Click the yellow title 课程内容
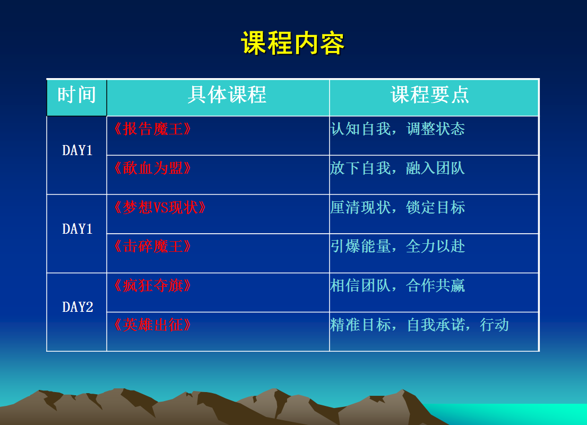[292, 43]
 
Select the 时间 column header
[77, 95]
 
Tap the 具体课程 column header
[227, 95]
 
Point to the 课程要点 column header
[429, 95]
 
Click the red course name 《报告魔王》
[153, 129]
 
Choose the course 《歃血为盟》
[153, 168]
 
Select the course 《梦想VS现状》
[160, 207]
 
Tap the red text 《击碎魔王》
[153, 246]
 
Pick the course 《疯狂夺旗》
[153, 286]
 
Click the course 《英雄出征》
[153, 325]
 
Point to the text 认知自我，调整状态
[398, 129]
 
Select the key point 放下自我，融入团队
[398, 168]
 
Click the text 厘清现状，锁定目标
[398, 207]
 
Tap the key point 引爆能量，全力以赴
[398, 246]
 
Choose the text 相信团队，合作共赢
[398, 286]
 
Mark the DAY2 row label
[77, 307]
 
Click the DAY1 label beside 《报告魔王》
[77, 150]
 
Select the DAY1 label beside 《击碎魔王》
[77, 228]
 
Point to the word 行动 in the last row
[495, 325]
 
